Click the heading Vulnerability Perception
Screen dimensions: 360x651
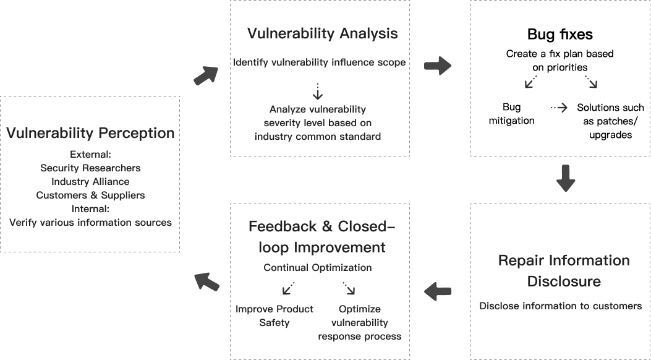[90, 133]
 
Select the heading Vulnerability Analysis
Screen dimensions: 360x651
[322, 33]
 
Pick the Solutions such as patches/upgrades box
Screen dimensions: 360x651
[610, 121]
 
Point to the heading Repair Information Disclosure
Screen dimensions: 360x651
[564, 271]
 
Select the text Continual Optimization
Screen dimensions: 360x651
[318, 268]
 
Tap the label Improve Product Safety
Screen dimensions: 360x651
[274, 315]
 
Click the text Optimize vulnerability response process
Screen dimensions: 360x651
[360, 323]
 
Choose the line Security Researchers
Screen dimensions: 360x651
[90, 168]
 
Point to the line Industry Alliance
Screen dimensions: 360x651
[90, 181]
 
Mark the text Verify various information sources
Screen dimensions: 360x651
[90, 222]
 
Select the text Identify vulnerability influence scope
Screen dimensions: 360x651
[319, 62]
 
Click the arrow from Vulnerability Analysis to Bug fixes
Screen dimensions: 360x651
[438, 66]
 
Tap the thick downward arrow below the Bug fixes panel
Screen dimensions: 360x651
[566, 178]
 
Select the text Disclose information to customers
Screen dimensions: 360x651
[561, 306]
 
